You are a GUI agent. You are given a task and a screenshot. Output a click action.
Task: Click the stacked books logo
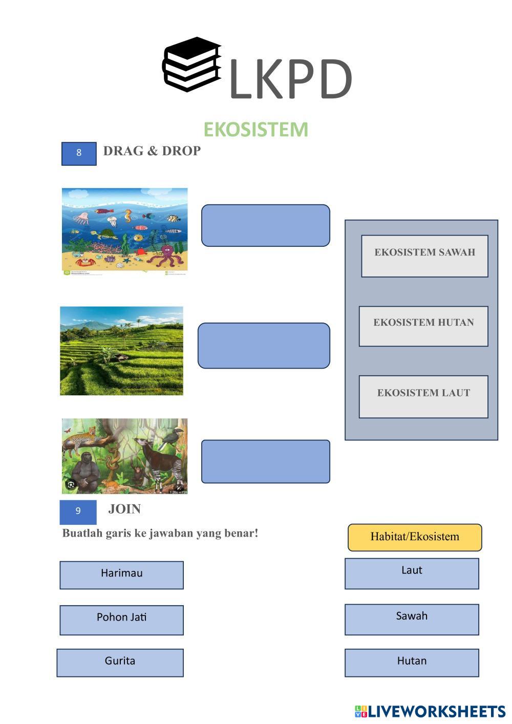192,65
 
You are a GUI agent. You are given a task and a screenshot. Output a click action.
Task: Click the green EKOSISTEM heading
255,130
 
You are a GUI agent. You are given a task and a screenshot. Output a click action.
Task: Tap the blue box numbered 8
79,154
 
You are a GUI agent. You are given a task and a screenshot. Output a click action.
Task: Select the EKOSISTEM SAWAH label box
425,256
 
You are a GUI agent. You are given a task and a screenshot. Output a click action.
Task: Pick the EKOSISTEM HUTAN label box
423,326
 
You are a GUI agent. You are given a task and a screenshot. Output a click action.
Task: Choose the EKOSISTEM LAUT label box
423,397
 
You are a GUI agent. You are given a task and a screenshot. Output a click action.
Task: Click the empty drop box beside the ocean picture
266,225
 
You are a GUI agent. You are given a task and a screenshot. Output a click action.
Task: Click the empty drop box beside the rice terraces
264,346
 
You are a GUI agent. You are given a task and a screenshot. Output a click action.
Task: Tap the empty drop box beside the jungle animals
266,461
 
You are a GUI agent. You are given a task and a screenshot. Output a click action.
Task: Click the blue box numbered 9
78,512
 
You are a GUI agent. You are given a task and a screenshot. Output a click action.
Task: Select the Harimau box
121,575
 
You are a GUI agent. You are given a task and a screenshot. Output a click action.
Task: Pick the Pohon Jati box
121,620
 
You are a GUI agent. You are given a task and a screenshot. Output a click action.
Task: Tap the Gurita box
120,663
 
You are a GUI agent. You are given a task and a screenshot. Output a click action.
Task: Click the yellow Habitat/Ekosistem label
415,537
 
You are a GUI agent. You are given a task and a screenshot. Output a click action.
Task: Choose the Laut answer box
412,573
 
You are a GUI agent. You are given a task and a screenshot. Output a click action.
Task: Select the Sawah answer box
412,619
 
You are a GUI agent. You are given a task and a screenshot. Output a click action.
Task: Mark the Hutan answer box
412,663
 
